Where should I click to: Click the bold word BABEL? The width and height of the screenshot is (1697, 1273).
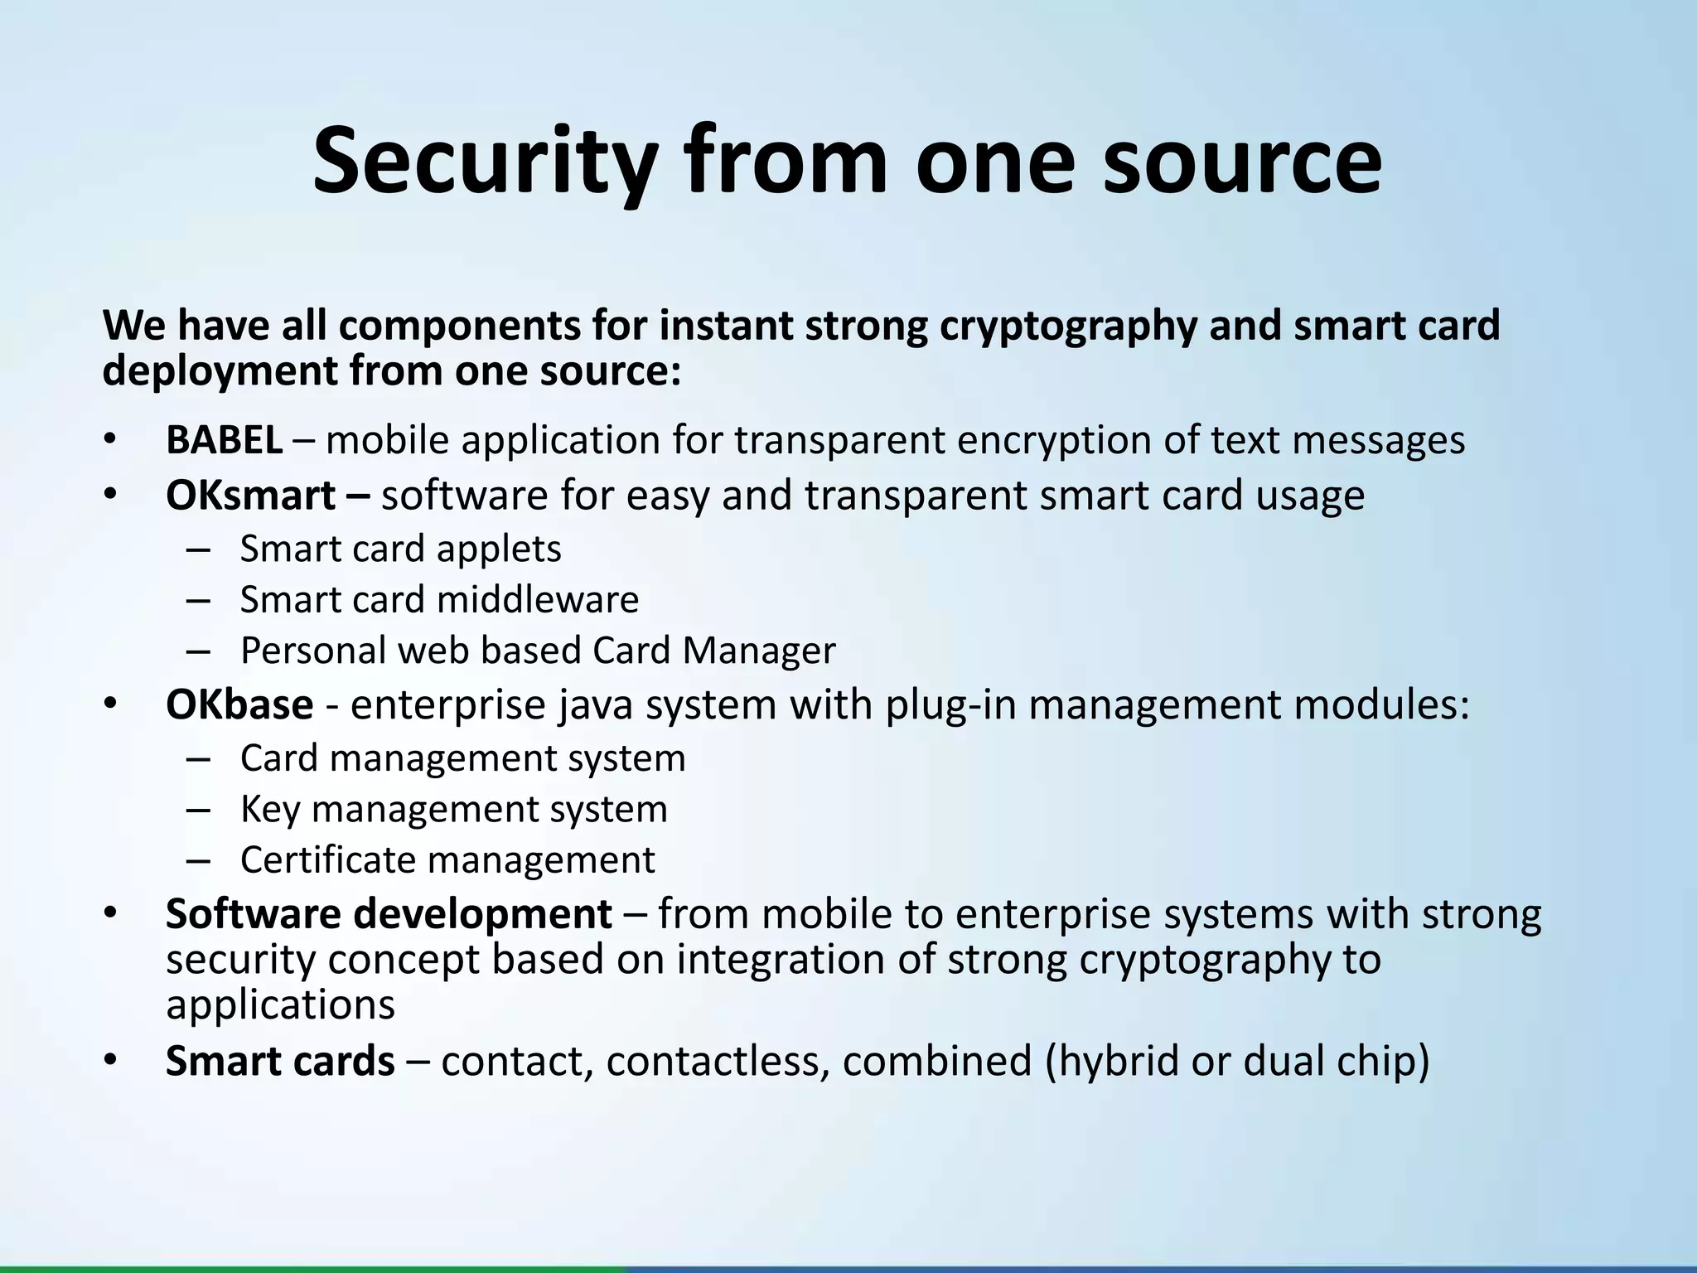pyautogui.click(x=225, y=440)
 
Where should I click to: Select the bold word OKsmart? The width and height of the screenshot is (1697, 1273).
pyautogui.click(x=250, y=496)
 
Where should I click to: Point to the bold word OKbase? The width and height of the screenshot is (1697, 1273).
pyautogui.click(x=239, y=704)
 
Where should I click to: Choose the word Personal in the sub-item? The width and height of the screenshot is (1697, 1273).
pyautogui.click(x=312, y=651)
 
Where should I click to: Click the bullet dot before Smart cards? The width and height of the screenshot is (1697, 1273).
pyautogui.click(x=111, y=1060)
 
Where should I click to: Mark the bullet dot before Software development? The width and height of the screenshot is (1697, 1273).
pyautogui.click(x=111, y=913)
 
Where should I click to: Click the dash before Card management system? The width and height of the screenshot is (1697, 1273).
pyautogui.click(x=199, y=758)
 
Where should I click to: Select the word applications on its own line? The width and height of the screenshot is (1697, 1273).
pyautogui.click(x=280, y=1005)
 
